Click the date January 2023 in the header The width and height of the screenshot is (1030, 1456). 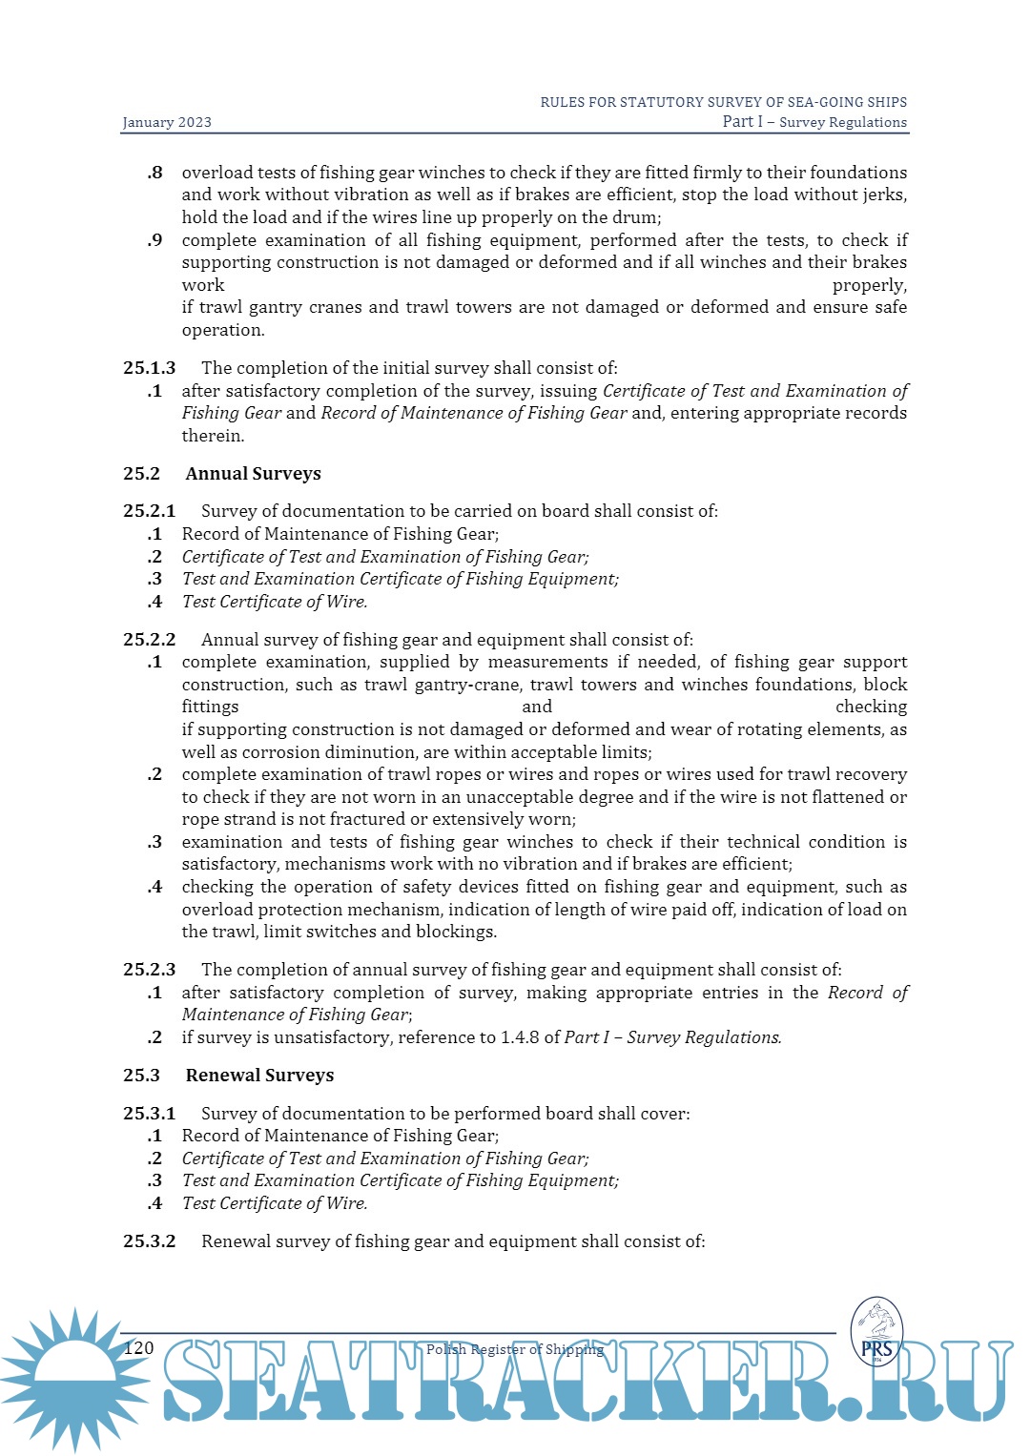[167, 122]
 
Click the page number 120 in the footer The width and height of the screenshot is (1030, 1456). [139, 1347]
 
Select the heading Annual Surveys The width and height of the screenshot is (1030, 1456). [253, 474]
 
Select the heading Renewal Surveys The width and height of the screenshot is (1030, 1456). [259, 1076]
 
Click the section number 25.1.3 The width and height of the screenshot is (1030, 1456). [150, 368]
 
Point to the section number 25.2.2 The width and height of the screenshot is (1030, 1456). [150, 640]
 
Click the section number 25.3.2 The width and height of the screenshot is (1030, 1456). [150, 1241]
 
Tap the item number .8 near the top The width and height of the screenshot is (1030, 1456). [154, 173]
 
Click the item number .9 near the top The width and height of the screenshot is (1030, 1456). [154, 240]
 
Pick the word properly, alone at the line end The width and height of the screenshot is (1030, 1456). [869, 285]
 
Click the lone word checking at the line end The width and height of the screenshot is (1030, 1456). [871, 707]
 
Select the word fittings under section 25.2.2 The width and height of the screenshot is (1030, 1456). [210, 707]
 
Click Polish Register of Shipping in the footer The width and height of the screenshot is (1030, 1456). [515, 1349]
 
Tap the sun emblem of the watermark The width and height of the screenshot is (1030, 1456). [74, 1378]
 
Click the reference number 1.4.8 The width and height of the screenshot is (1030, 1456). [520, 1037]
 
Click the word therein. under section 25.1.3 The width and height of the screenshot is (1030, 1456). [213, 436]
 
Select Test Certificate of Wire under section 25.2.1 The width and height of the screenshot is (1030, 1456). [274, 602]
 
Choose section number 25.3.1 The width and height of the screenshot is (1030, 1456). [150, 1114]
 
